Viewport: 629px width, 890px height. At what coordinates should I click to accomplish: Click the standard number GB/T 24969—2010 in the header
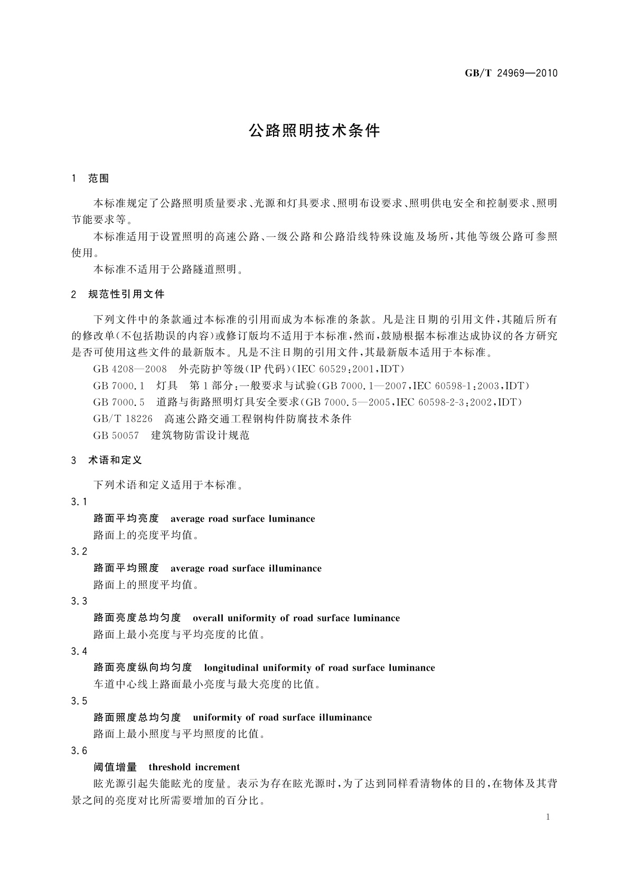511,73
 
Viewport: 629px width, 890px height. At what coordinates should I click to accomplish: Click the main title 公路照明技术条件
314,131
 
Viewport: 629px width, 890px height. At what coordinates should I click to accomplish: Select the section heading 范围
98,179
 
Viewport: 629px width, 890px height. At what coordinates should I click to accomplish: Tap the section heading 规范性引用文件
126,294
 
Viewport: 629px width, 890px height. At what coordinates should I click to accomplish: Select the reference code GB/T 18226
123,419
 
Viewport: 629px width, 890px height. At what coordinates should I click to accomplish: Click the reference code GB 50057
116,435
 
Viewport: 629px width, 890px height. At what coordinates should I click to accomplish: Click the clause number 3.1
79,502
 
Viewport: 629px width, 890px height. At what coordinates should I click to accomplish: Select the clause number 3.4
79,651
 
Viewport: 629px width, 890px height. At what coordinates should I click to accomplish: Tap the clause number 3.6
79,751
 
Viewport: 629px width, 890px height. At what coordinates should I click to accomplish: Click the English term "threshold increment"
194,767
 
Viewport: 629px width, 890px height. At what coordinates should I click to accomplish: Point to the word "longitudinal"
230,668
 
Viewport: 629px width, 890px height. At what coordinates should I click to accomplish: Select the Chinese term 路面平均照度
126,569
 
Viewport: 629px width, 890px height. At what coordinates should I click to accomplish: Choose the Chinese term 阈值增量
115,767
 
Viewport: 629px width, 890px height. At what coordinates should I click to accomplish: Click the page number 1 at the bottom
548,817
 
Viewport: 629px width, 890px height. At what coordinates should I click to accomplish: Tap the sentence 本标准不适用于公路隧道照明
168,270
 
